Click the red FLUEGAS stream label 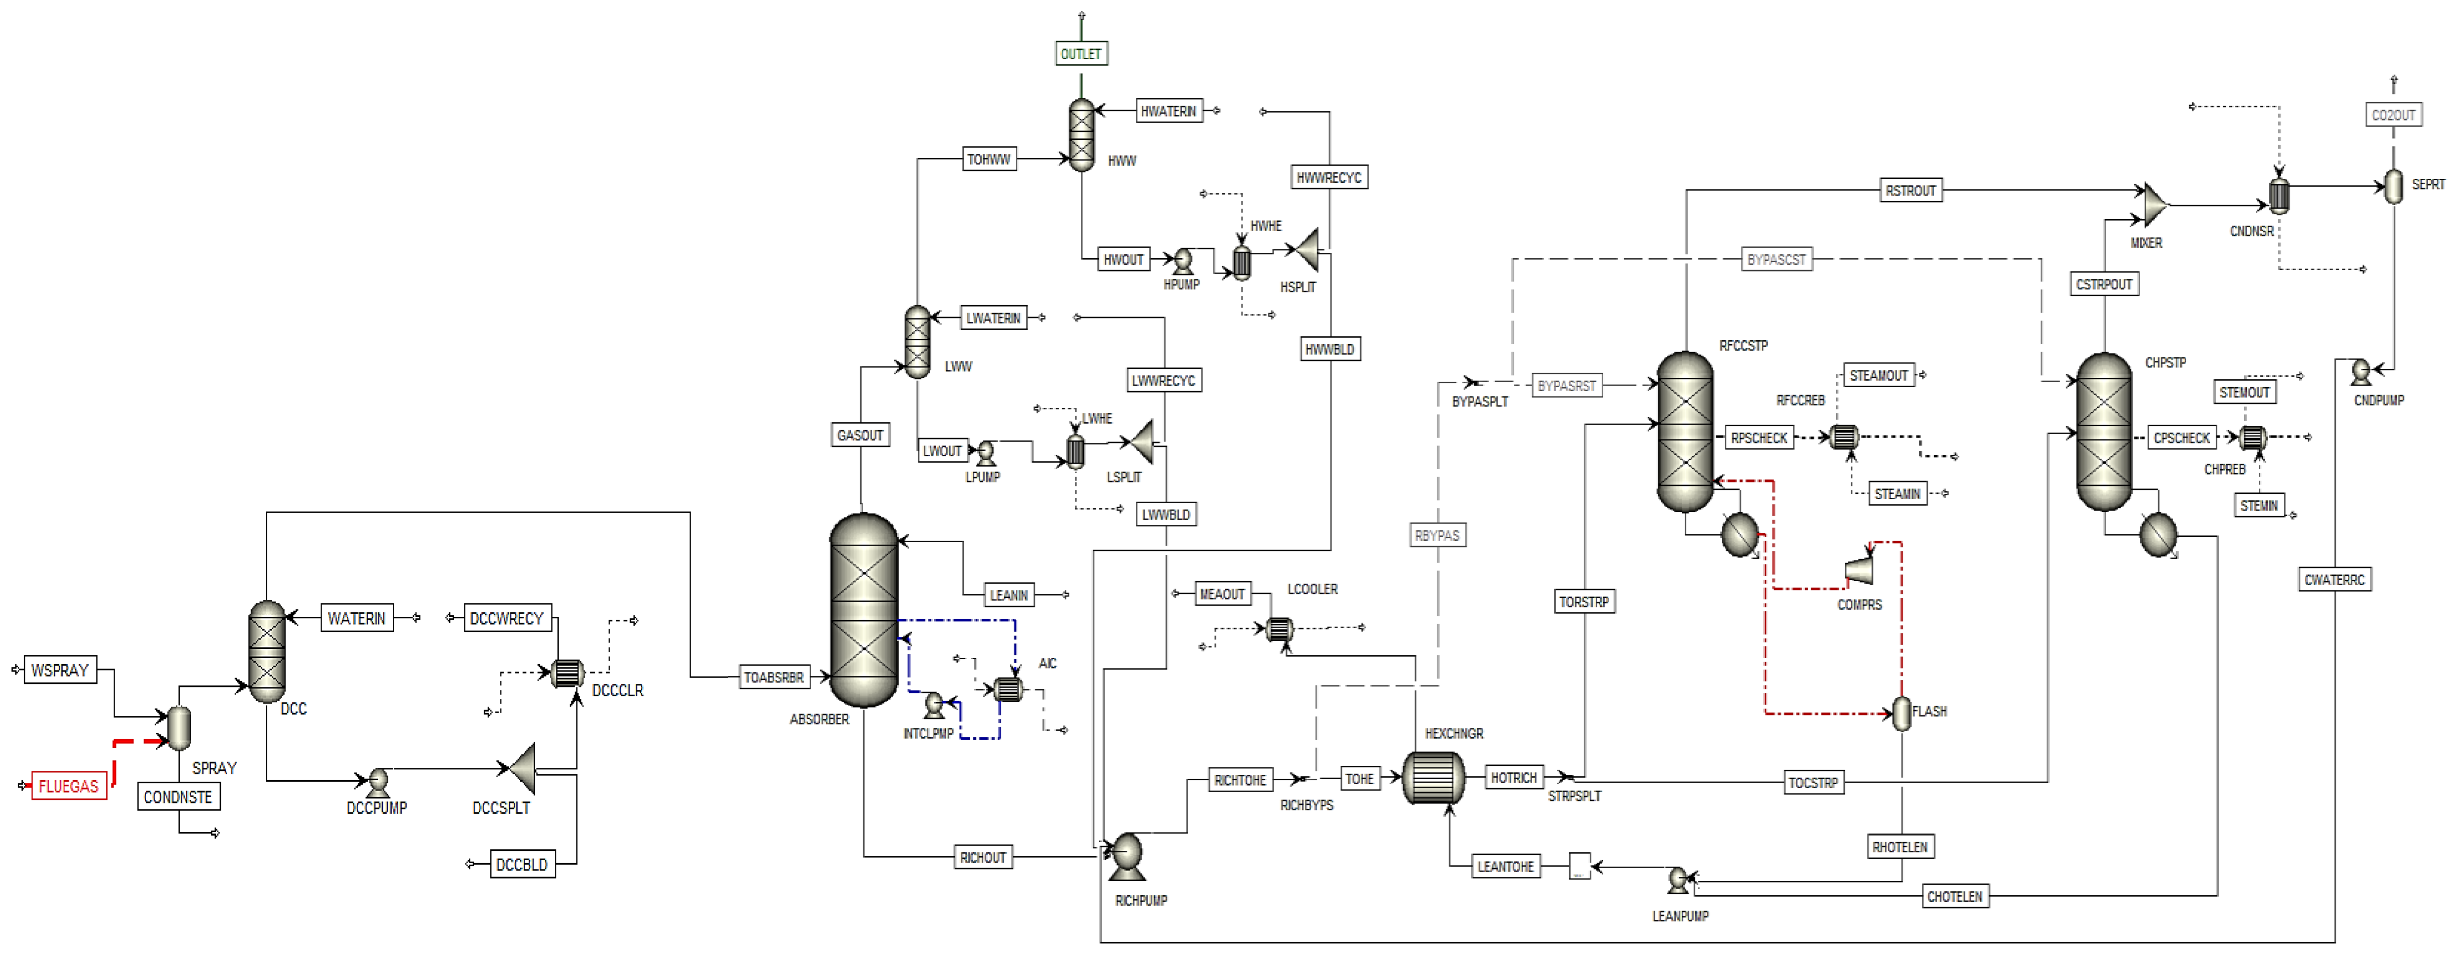[x=69, y=786]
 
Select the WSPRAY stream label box [x=60, y=670]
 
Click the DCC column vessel [x=266, y=652]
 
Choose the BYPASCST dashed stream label [x=1776, y=259]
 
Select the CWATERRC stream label [x=2334, y=579]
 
